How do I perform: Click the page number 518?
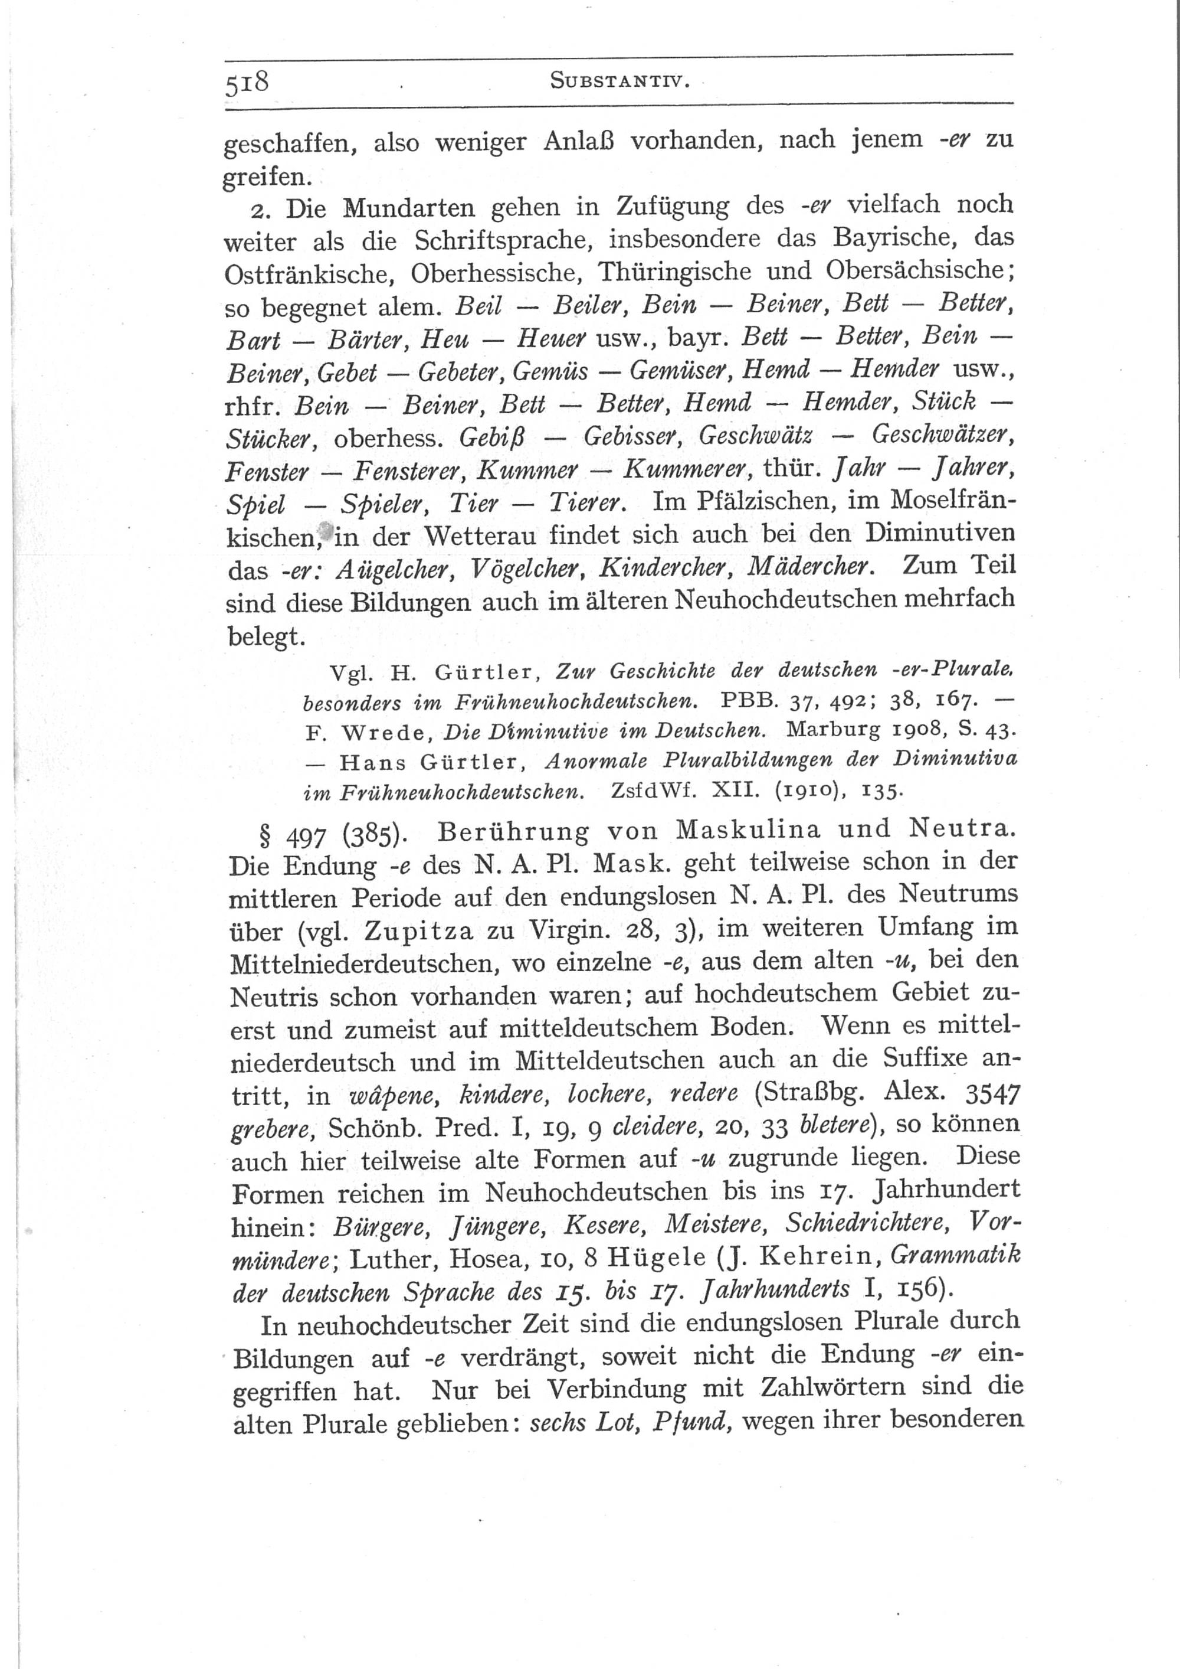point(247,81)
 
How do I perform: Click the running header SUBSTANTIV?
point(619,81)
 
